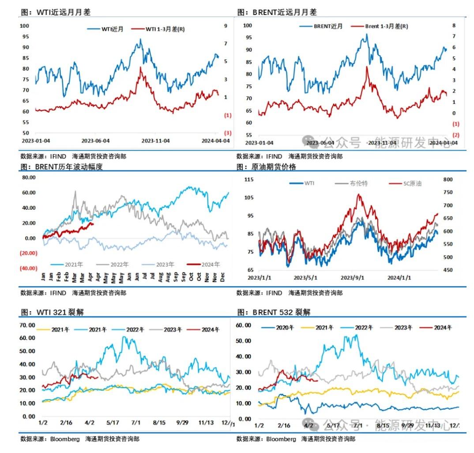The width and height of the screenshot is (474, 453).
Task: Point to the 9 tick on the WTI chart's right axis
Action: click(226, 26)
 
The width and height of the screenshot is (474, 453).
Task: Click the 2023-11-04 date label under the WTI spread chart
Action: click(155, 141)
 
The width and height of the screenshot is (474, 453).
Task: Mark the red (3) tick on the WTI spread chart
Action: click(228, 133)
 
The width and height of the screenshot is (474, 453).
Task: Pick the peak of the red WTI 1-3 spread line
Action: click(140, 67)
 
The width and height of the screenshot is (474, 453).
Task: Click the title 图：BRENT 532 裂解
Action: click(274, 312)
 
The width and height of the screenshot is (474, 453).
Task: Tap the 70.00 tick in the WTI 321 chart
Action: click(28, 325)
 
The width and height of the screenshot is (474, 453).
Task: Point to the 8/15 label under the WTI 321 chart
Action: click(159, 423)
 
